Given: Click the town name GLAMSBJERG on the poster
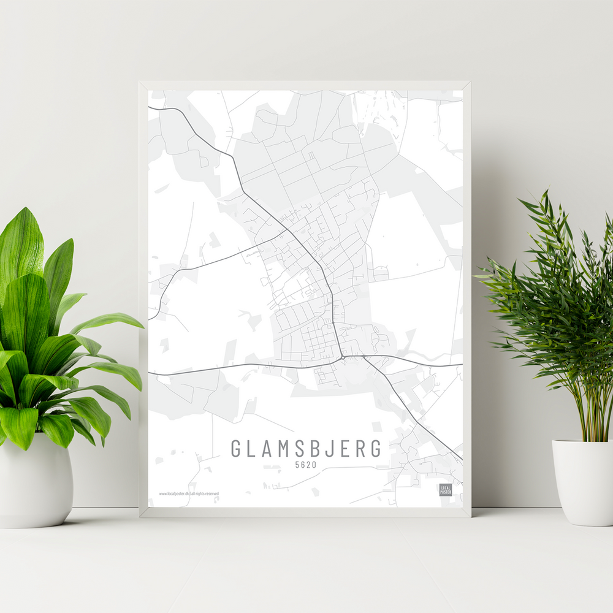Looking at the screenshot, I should [x=306, y=448].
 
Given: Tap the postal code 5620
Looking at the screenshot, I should [x=306, y=465].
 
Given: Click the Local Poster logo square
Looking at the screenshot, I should [x=446, y=490].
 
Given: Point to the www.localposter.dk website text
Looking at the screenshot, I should [x=173, y=493].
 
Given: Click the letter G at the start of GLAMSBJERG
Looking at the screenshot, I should [x=236, y=448].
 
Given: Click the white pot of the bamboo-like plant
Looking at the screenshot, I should [x=583, y=481].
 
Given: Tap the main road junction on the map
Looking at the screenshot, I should [x=341, y=356].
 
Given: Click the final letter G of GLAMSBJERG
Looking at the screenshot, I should [x=375, y=448].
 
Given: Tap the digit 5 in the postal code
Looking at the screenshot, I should [x=297, y=465].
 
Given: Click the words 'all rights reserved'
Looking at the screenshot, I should [x=205, y=493].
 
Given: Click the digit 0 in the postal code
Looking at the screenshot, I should [x=314, y=465].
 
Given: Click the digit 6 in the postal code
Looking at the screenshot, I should [x=303, y=465].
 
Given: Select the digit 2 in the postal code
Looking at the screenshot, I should [x=308, y=465].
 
